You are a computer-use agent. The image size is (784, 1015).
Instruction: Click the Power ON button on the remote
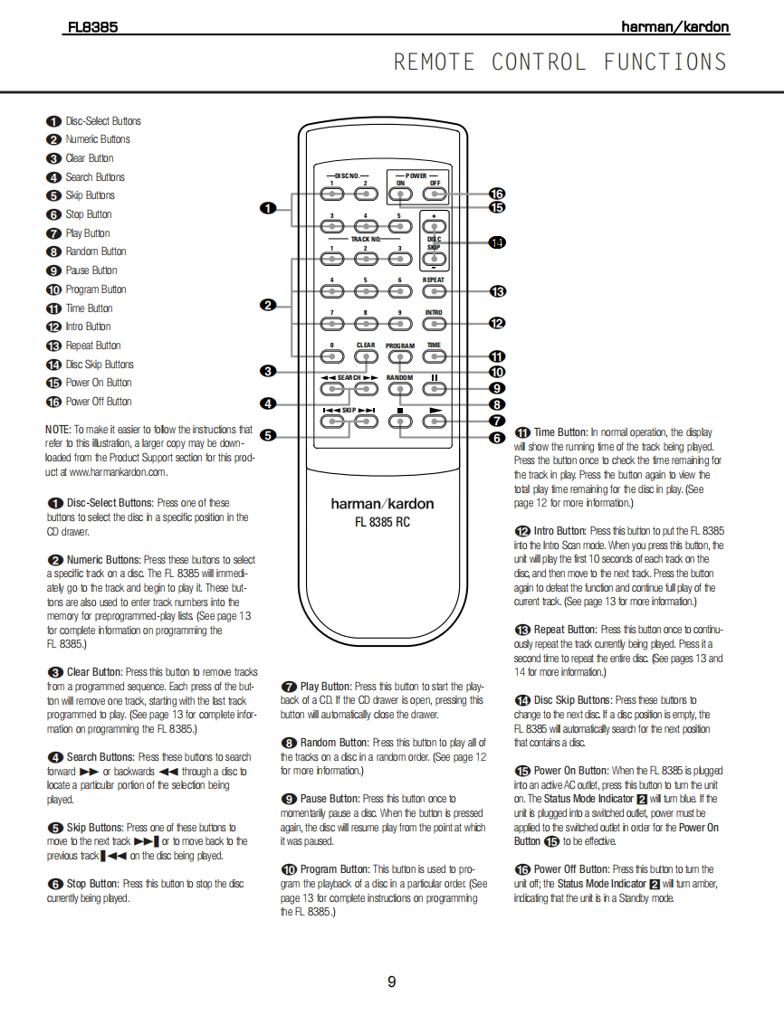point(400,194)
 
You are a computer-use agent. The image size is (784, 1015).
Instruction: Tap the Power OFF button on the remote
point(435,194)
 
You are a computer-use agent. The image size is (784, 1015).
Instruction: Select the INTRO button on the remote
point(435,324)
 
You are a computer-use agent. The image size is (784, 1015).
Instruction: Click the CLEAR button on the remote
point(366,356)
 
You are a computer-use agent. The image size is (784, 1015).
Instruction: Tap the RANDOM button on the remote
point(399,389)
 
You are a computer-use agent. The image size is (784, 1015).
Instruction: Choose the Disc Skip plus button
point(435,224)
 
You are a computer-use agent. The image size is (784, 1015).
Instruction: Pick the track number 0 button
point(332,356)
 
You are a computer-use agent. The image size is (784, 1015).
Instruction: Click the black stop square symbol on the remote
point(399,412)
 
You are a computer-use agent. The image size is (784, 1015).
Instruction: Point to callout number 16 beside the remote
point(496,193)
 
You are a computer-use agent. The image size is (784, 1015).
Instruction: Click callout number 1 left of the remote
point(267,208)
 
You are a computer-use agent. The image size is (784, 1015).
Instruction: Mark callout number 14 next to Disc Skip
point(496,242)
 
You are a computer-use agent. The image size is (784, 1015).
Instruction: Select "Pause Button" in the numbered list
point(91,270)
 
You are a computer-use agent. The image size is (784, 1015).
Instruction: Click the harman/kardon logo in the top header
point(674,27)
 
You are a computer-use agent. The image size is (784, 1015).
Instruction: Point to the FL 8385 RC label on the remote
point(382,522)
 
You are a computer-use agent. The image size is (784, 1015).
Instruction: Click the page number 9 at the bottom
point(391,982)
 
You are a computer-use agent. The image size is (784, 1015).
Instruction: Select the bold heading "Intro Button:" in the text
point(559,531)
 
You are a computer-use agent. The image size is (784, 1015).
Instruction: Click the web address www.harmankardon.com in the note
point(118,471)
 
